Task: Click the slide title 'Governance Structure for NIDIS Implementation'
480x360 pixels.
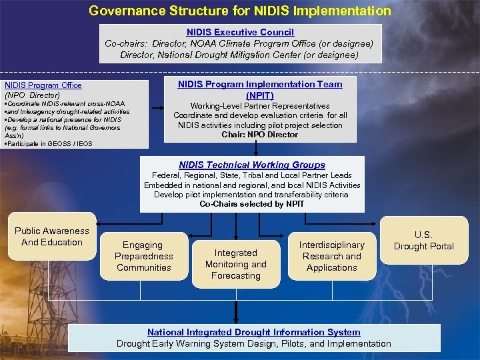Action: click(240, 11)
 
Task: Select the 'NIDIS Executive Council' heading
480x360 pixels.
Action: click(240, 32)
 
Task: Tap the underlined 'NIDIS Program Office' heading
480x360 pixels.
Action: click(43, 85)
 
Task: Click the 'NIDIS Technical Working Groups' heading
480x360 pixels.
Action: click(252, 165)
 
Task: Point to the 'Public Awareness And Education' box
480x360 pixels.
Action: click(51, 237)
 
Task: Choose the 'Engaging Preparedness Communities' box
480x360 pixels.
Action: click(143, 256)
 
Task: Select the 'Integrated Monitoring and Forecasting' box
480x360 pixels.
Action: click(235, 264)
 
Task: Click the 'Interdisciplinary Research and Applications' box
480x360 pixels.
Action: click(331, 256)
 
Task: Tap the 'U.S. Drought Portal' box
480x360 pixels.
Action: click(423, 241)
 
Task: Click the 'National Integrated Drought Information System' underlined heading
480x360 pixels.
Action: click(253, 332)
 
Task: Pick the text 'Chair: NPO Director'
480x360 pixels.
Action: click(260, 135)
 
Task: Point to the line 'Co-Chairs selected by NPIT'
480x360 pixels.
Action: click(252, 204)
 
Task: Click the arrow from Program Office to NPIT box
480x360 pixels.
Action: click(157, 107)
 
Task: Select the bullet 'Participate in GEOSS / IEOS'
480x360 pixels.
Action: click(48, 143)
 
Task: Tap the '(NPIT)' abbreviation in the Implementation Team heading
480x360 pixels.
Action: click(260, 95)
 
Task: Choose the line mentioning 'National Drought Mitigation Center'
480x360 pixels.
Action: click(240, 55)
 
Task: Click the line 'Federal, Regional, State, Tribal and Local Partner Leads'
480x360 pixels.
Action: click(252, 175)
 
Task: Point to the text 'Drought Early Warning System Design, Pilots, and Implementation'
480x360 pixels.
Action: click(253, 343)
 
